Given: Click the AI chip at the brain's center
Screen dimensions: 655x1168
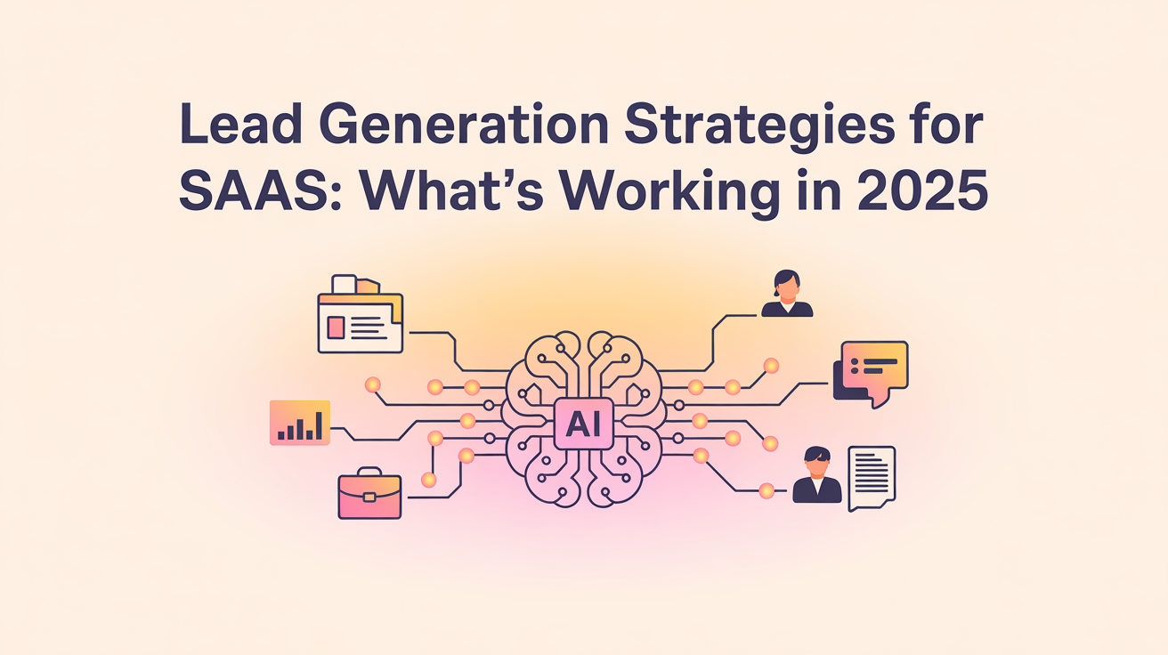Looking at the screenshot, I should (583, 424).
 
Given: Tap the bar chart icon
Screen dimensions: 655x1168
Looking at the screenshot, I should (300, 423).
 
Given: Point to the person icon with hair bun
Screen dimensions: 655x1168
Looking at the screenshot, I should (787, 295).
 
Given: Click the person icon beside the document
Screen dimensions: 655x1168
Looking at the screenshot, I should (816, 475).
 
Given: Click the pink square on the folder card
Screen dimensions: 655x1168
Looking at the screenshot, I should (336, 327).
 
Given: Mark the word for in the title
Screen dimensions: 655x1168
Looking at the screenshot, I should (952, 131).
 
